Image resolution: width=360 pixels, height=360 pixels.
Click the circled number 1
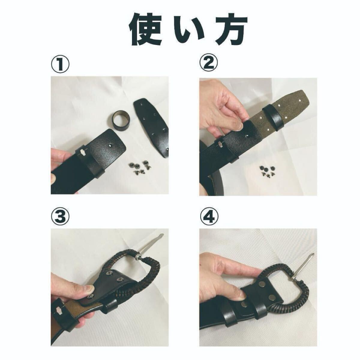click(60, 64)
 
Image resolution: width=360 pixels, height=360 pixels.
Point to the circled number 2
click(208, 64)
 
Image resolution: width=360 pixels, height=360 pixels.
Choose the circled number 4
click(208, 217)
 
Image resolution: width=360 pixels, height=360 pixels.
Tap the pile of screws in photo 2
click(266, 171)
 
